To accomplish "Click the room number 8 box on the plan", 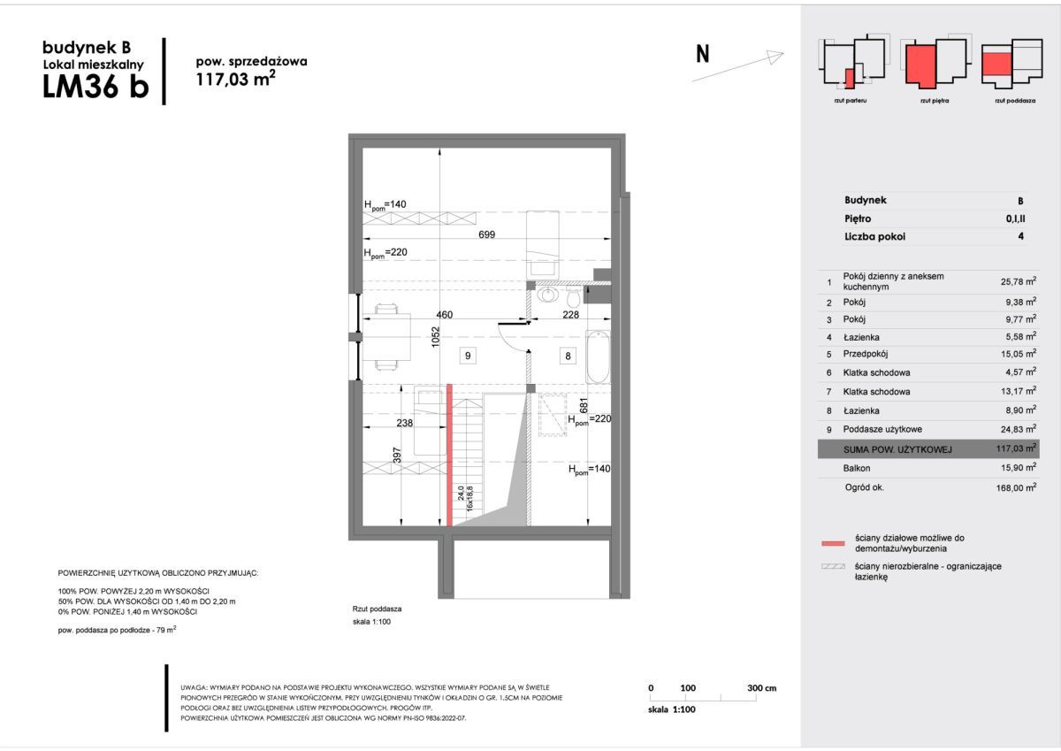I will (x=569, y=356).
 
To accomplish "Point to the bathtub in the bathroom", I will (x=598, y=356).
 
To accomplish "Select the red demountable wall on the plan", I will (x=449, y=455).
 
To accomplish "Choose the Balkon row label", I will (x=857, y=468).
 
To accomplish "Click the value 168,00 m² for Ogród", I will (x=1014, y=487).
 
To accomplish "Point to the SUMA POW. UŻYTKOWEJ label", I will (x=897, y=449).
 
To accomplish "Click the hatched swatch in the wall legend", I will (x=833, y=566).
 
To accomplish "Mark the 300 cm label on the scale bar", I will (x=760, y=688).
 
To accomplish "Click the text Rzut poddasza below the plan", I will (x=378, y=609).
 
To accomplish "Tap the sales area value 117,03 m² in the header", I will (x=234, y=79).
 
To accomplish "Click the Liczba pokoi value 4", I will (x=1020, y=236).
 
